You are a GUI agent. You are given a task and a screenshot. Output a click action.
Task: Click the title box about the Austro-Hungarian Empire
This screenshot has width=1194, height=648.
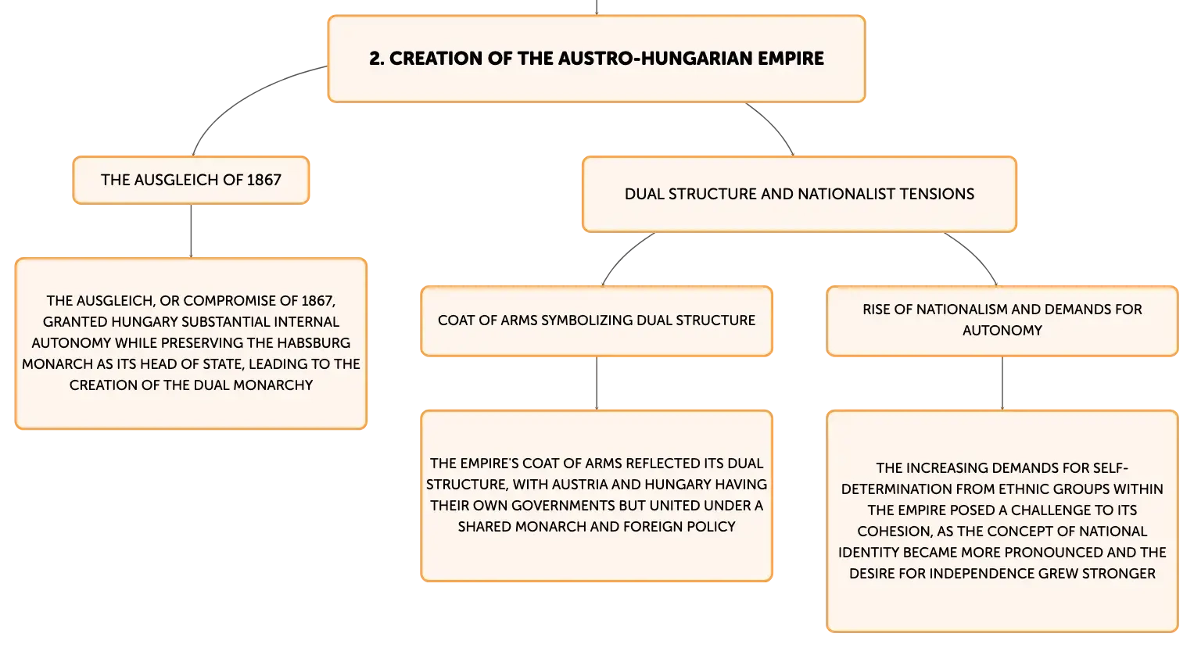(x=597, y=59)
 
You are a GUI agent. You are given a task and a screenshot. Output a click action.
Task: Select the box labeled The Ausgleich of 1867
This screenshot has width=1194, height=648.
(x=191, y=180)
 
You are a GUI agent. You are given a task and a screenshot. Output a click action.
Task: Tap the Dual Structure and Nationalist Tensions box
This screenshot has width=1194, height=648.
(x=799, y=194)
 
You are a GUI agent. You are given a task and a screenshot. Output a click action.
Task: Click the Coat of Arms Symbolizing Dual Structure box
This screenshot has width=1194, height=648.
(x=597, y=320)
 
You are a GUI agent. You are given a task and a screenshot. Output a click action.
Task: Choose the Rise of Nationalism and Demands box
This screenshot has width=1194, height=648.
(x=1002, y=320)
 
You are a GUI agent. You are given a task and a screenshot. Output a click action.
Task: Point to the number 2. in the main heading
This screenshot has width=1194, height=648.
(x=376, y=59)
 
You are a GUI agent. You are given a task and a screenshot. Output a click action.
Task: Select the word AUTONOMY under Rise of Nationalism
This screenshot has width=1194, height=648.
(x=1002, y=331)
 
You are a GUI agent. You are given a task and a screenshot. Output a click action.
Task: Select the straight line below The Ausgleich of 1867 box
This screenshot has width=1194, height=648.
(x=191, y=231)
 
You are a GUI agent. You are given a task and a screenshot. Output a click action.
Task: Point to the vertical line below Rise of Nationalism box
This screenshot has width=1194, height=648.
(x=1002, y=383)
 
